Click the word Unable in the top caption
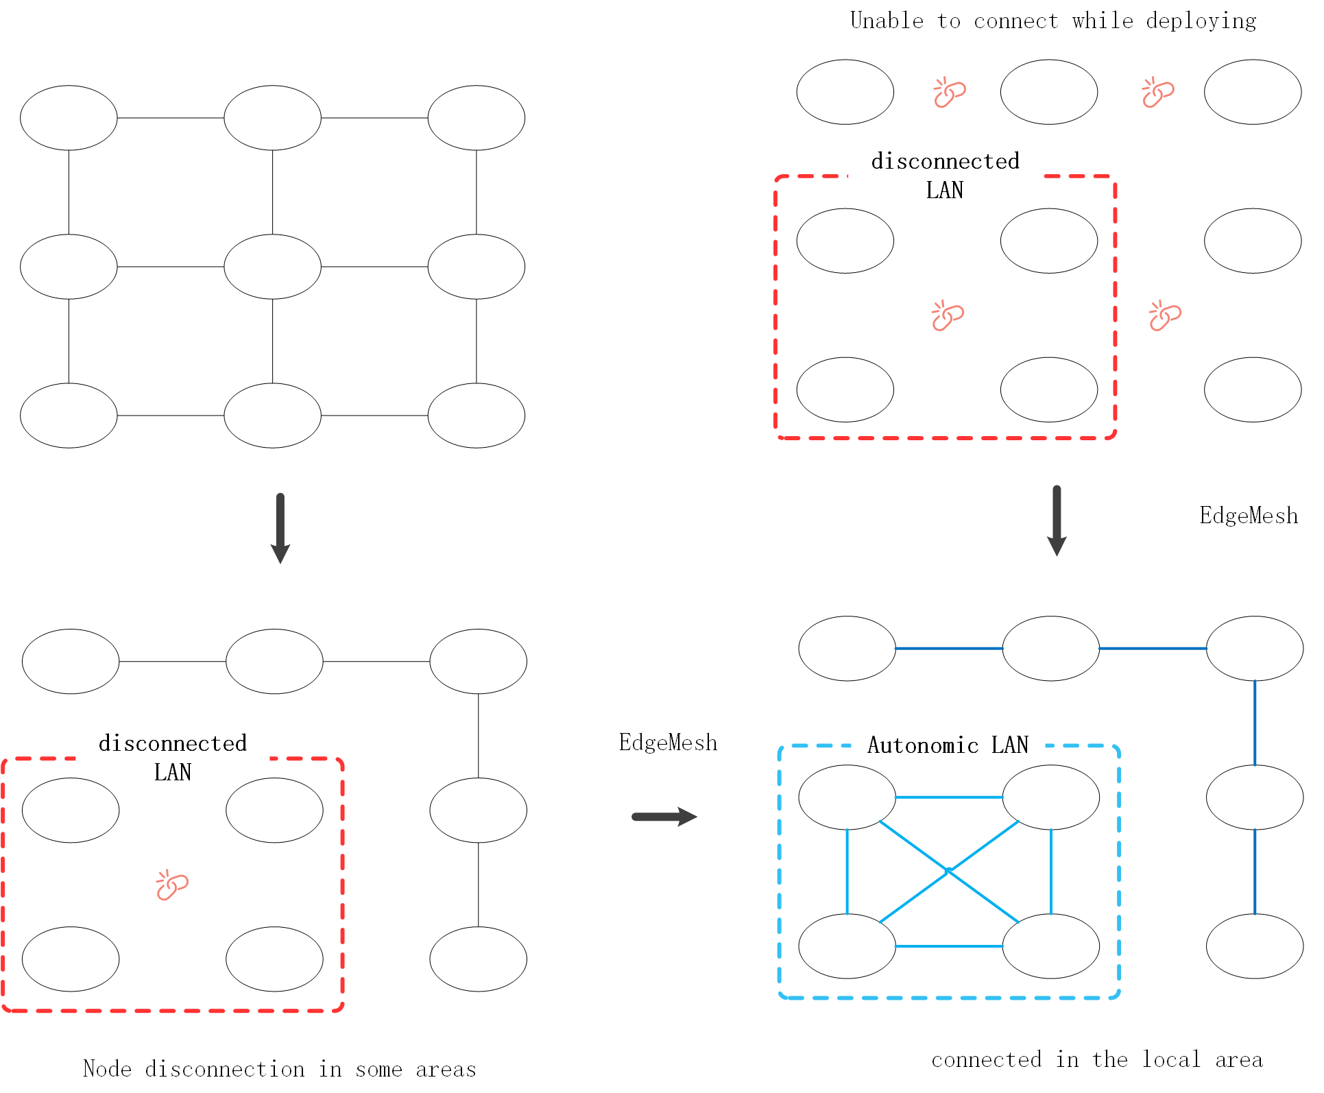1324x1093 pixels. point(887,21)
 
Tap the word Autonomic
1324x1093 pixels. point(923,745)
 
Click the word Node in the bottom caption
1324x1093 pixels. point(107,1068)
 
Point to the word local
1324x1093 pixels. point(1171,1059)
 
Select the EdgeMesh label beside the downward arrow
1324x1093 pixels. point(1249,516)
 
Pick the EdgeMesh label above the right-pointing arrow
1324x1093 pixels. point(668,743)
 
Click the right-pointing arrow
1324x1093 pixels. point(664,817)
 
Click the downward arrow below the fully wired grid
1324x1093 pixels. point(280,528)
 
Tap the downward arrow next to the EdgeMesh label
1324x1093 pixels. point(1057,521)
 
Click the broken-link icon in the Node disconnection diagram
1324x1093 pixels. point(172,885)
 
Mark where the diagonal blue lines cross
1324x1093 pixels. point(949,871)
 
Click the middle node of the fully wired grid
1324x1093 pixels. point(272,267)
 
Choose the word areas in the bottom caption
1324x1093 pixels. point(446,1069)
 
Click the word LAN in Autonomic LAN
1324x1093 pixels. point(1010,745)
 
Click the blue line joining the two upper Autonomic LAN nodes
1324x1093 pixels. point(949,797)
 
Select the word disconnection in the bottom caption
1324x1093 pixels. point(224,1069)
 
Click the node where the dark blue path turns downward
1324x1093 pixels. point(1254,649)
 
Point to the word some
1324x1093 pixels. point(378,1069)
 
